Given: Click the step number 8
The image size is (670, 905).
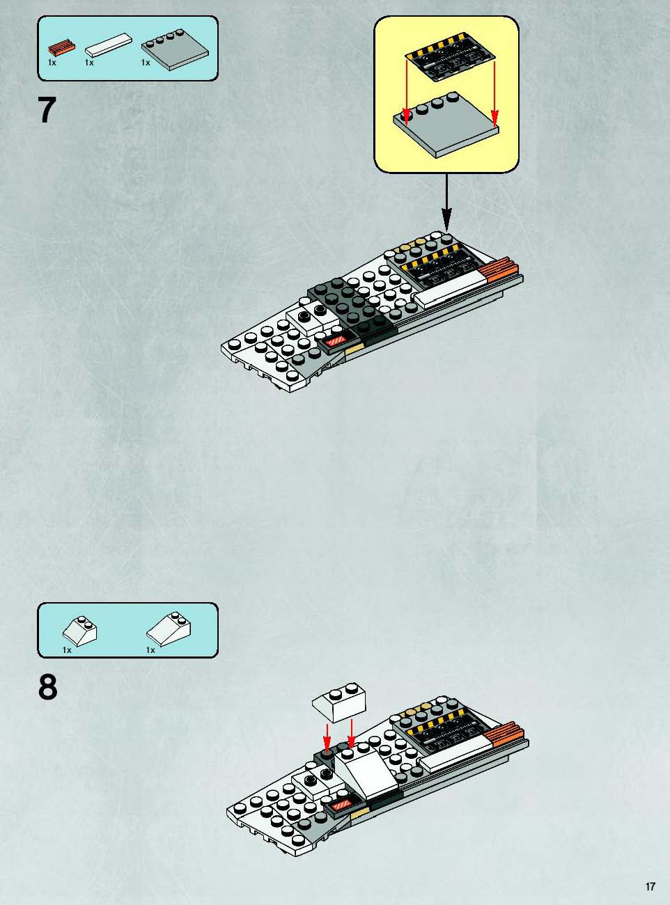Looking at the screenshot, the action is point(48,688).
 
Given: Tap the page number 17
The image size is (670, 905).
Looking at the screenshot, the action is point(650,883).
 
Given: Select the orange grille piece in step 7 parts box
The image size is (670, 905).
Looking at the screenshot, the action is point(62,48).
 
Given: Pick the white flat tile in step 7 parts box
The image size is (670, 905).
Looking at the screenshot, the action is point(109,45).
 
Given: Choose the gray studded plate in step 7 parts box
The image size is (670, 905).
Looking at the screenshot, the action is point(175,49).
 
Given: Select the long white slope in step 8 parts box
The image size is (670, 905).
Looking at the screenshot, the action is point(169,630).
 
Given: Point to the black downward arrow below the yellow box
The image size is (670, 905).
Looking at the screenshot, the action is point(446,203).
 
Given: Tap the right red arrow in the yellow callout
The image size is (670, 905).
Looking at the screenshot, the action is point(494,94).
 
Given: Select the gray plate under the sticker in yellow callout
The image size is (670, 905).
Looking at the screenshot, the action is point(446,126).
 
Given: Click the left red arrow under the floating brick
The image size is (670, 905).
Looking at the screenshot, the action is point(327,737).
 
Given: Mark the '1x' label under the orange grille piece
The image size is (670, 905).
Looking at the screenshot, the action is point(52,63).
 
